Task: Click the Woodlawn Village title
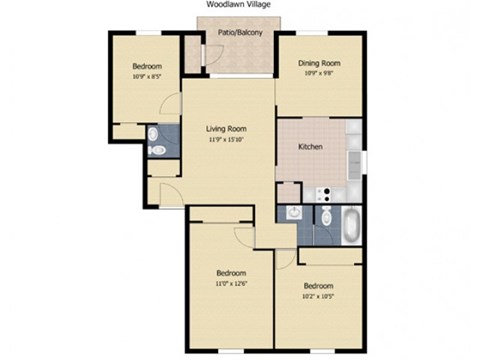(240, 4)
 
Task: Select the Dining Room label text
(318, 64)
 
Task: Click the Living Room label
(227, 129)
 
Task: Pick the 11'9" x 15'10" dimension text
(227, 140)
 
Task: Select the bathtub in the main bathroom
(353, 226)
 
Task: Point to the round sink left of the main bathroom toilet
(292, 211)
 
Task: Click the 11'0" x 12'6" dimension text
(230, 284)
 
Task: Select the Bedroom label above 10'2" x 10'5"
(318, 284)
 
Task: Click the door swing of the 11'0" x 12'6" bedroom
(244, 234)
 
